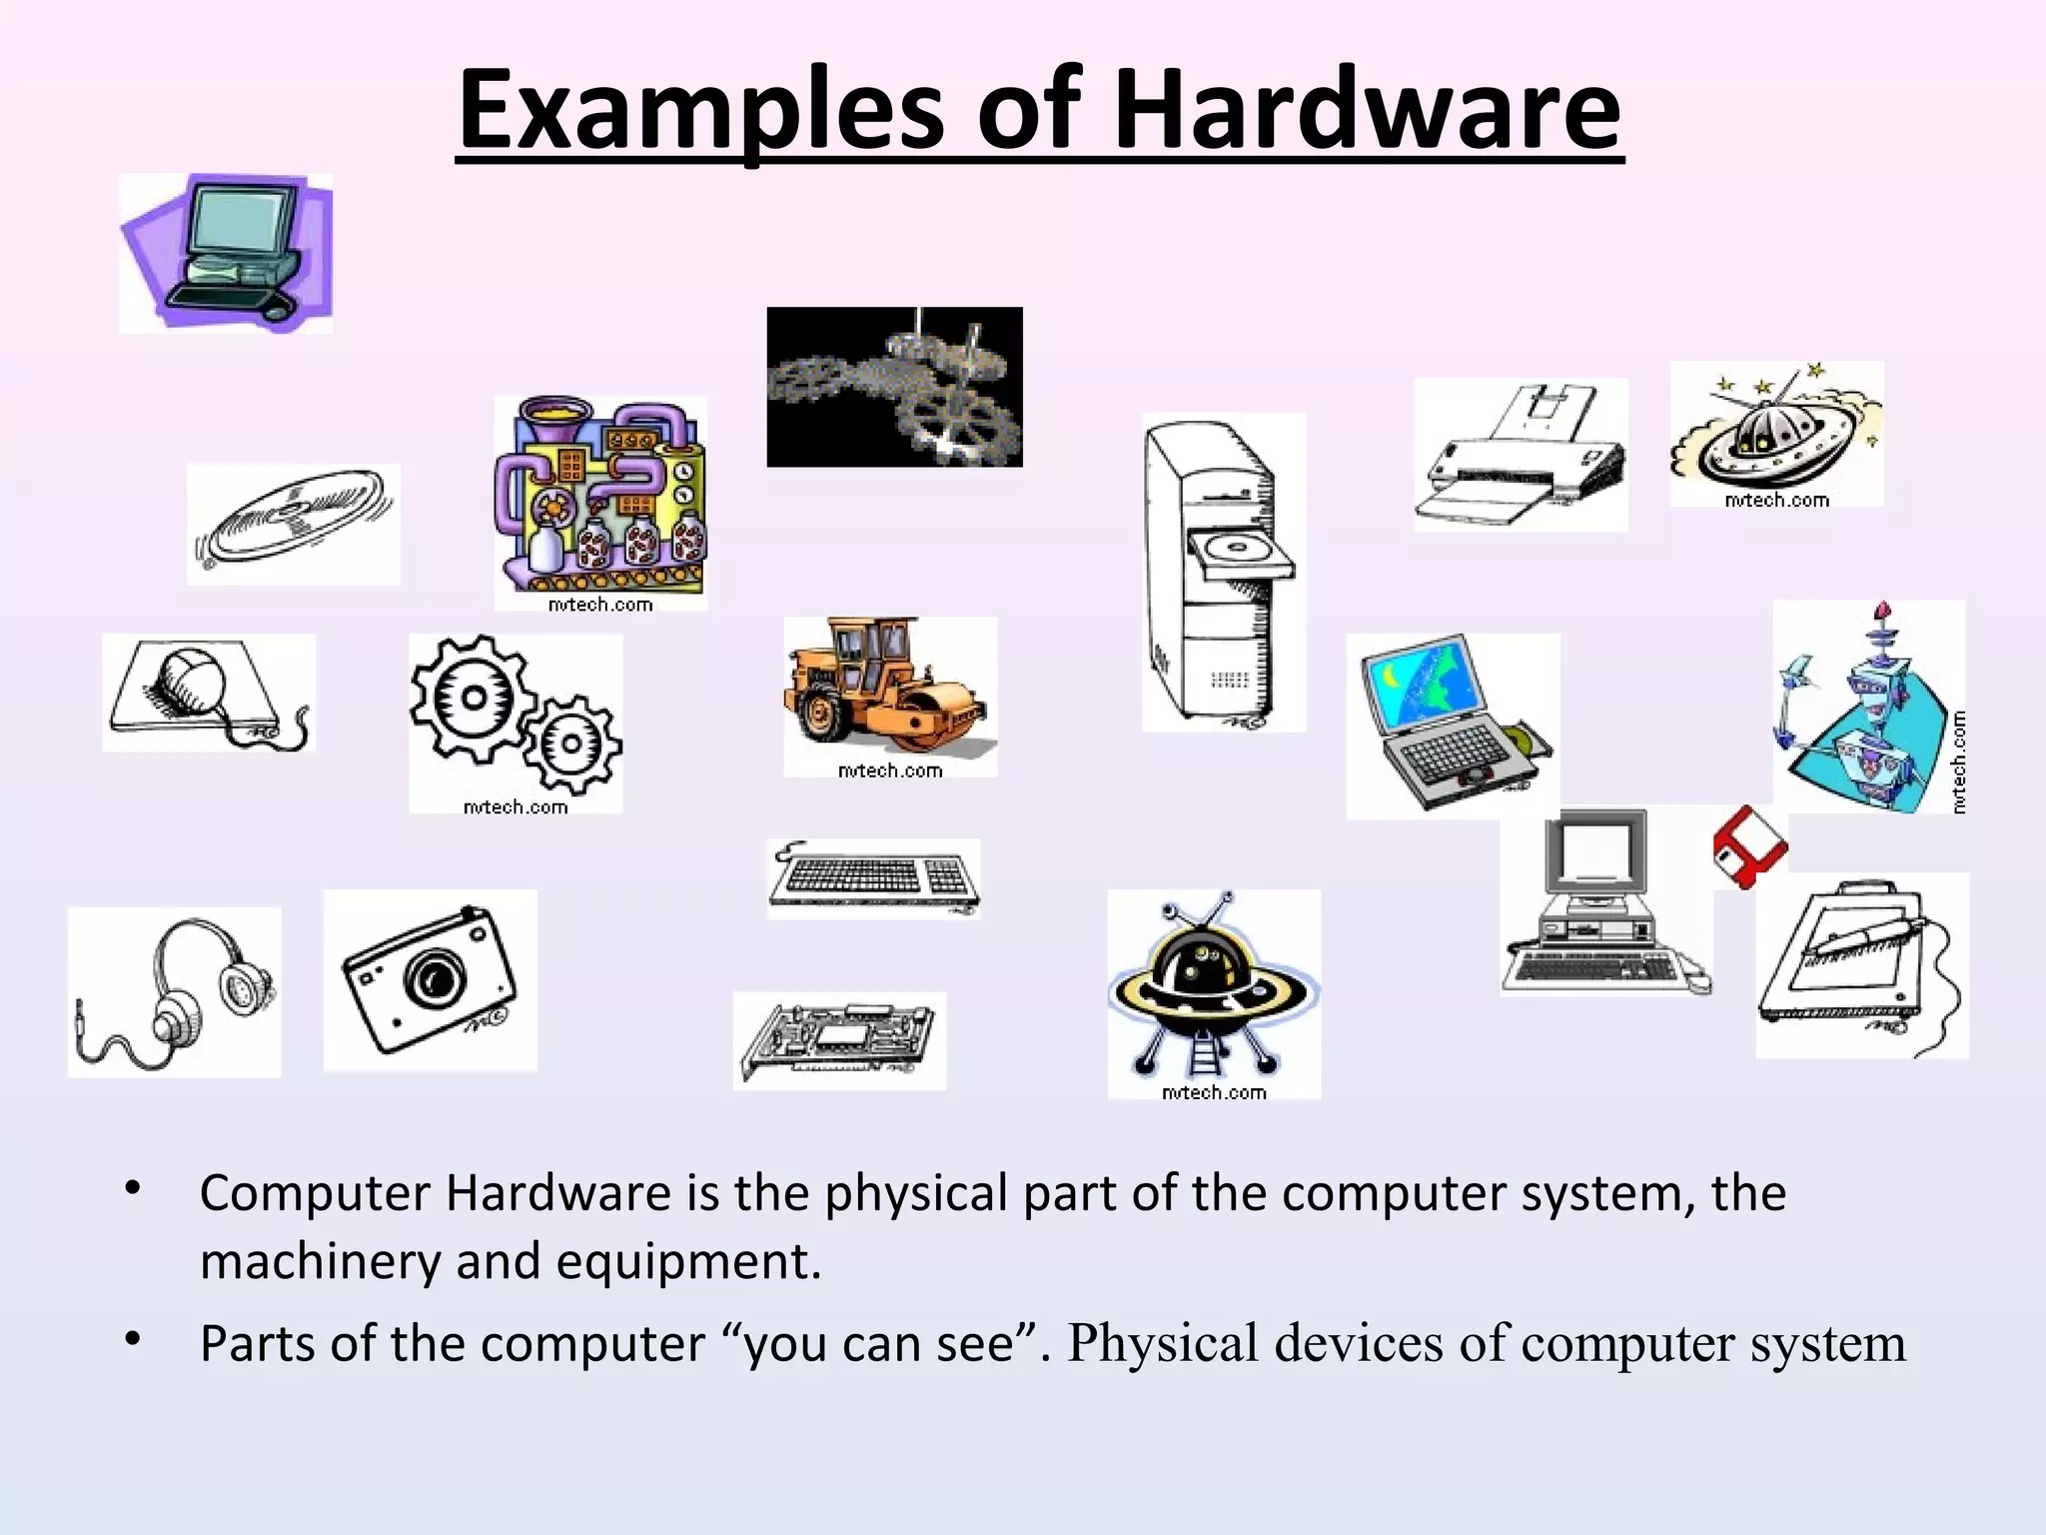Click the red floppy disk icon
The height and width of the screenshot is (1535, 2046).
1749,845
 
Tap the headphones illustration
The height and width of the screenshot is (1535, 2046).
175,992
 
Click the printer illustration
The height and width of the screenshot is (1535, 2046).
1521,455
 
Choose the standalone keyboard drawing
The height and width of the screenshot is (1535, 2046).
873,877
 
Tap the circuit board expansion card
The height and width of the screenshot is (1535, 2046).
839,1039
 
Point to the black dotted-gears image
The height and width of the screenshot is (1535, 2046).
894,387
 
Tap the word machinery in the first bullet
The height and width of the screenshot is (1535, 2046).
320,1261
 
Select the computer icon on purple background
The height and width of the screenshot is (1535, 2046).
227,253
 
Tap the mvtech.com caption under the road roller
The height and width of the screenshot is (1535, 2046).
889,770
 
